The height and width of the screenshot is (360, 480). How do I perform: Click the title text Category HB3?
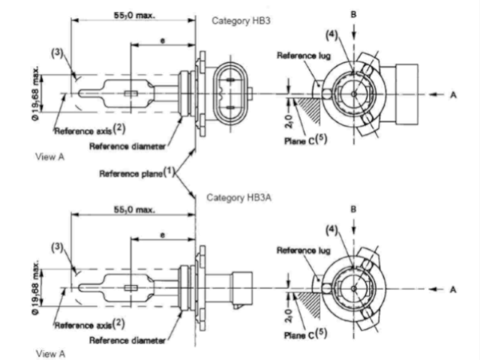(241, 21)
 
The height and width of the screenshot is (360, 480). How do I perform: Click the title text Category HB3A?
(239, 197)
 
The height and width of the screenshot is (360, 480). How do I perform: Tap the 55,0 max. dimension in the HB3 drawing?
(135, 15)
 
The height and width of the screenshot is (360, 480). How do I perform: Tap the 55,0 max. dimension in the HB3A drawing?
(135, 210)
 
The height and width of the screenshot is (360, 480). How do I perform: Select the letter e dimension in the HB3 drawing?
(163, 40)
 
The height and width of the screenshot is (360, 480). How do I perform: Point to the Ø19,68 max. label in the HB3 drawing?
(36, 93)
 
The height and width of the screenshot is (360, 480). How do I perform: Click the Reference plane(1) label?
(136, 173)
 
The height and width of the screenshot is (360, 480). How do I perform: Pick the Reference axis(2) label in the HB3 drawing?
(90, 130)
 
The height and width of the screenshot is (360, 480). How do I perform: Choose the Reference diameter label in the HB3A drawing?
(127, 340)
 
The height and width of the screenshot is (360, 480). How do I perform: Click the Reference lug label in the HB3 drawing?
(304, 55)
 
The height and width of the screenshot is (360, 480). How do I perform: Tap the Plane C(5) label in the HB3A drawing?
(305, 334)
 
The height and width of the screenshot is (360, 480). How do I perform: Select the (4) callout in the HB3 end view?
(331, 35)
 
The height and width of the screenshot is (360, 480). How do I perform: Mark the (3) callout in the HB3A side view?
(57, 247)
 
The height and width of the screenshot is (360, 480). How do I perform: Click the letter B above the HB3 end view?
(353, 14)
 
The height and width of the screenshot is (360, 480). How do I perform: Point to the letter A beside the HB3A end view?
(453, 289)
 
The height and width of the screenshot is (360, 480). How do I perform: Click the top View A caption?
(50, 157)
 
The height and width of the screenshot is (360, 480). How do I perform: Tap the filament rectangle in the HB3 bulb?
(130, 93)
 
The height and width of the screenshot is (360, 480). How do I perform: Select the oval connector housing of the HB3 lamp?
(230, 93)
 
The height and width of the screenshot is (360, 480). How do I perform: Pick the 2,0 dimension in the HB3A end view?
(289, 316)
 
